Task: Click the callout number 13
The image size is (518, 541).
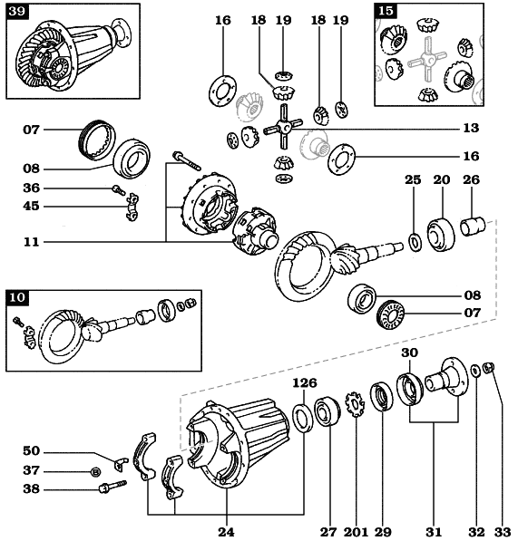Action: click(471, 128)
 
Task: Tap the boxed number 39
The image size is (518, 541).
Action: click(17, 11)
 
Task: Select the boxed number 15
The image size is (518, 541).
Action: click(386, 11)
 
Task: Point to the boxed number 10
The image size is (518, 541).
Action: click(17, 297)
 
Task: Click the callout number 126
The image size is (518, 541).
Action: click(305, 383)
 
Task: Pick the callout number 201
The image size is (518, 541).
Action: click(356, 532)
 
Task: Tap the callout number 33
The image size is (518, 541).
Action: click(503, 532)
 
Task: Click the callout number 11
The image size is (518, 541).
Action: click(32, 242)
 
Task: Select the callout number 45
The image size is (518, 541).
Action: click(32, 207)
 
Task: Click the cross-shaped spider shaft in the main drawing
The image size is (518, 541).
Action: click(284, 127)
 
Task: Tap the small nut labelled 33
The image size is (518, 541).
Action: click(489, 368)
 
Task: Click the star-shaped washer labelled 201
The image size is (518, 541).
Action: click(355, 404)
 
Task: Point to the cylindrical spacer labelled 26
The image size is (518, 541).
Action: click(474, 226)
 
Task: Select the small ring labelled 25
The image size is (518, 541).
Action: click(415, 242)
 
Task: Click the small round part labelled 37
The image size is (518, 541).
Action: click(95, 471)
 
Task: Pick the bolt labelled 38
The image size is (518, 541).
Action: click(112, 487)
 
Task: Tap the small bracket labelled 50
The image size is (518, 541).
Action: click(121, 464)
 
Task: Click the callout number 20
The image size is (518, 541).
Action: click(442, 180)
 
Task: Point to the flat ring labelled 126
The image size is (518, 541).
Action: click(303, 419)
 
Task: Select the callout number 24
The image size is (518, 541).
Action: click(227, 532)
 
